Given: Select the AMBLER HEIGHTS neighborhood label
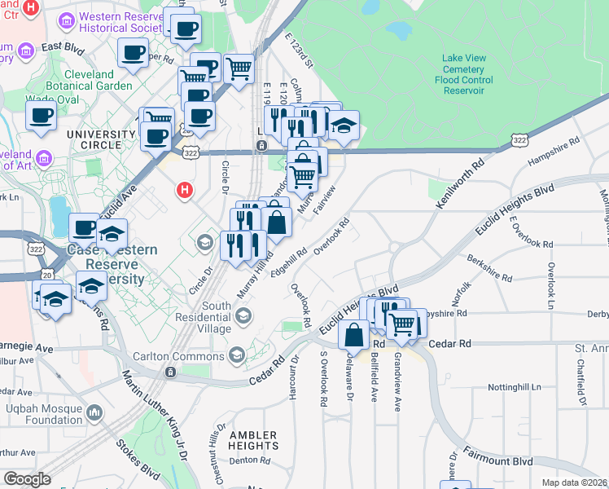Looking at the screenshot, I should (253, 440).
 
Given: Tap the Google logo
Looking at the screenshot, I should (27, 478).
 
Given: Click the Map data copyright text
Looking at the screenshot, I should (574, 482).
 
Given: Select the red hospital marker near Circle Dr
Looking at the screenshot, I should (186, 191).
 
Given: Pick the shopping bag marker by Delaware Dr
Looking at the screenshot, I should (355, 334).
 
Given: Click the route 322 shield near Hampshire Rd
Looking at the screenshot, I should (519, 141).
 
